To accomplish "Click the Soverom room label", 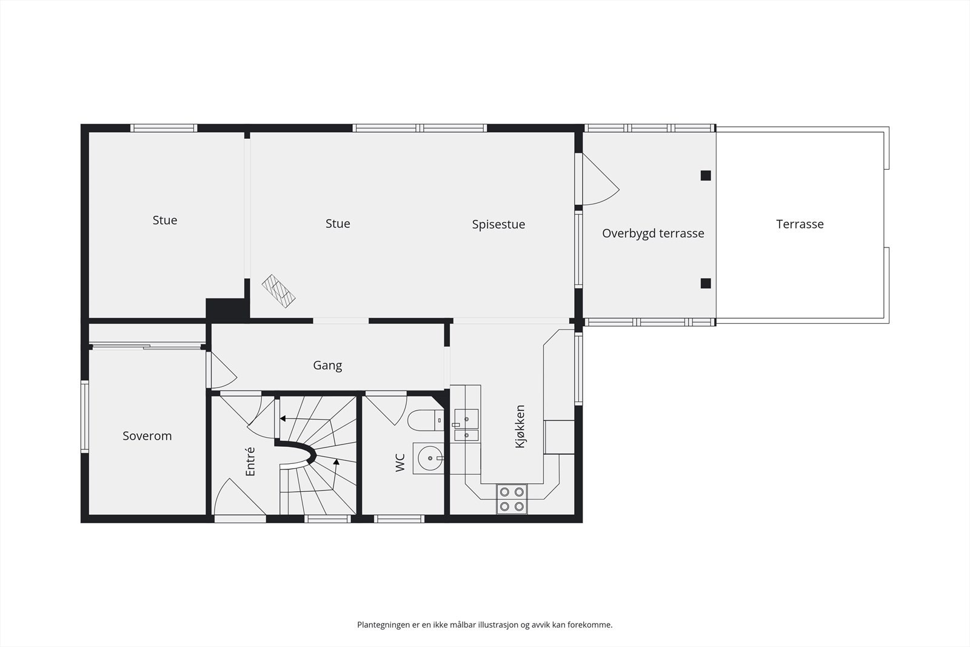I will [x=147, y=436].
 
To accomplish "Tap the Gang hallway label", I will [x=327, y=366].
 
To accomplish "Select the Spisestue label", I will [x=498, y=224].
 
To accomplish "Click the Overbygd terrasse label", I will [x=653, y=233].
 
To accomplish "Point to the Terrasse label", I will [x=800, y=224].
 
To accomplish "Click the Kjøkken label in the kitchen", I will [x=520, y=426].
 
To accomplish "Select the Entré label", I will [x=251, y=461].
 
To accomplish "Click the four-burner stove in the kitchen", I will [x=512, y=499].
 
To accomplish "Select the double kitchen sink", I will [x=466, y=425].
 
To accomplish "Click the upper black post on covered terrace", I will [x=706, y=176].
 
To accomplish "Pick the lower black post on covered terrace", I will [x=706, y=283].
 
